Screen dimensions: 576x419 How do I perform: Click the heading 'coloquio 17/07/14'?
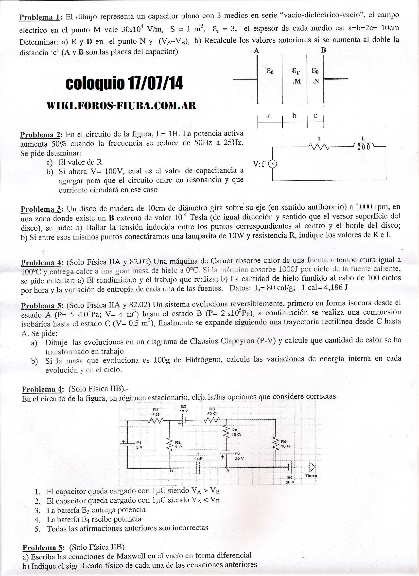[124, 84]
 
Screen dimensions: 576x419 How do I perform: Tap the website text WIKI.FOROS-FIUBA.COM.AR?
[121, 105]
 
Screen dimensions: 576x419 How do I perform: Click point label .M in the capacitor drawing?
[296, 82]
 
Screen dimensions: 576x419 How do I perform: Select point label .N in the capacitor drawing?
[315, 82]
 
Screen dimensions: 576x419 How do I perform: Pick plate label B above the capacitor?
[323, 50]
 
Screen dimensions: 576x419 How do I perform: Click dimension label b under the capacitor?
[294, 116]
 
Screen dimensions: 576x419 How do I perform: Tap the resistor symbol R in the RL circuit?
[319, 147]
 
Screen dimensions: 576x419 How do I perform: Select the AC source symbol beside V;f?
[273, 164]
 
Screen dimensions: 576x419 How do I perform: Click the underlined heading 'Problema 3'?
[41, 209]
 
